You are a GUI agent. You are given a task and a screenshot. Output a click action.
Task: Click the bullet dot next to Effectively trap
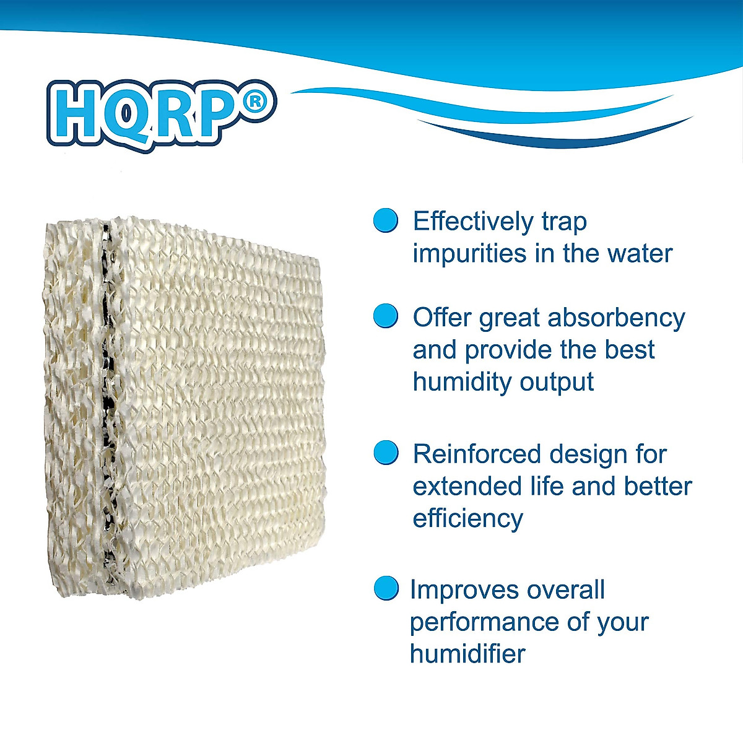click(x=386, y=220)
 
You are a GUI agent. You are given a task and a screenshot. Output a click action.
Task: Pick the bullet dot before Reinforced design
click(x=386, y=453)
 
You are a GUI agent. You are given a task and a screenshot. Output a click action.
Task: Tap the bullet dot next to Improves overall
click(x=386, y=588)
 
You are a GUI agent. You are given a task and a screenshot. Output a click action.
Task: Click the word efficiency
click(x=467, y=519)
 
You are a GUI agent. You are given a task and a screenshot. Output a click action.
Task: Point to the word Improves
click(x=464, y=590)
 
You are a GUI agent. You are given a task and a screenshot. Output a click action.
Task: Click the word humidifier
click(x=467, y=654)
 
